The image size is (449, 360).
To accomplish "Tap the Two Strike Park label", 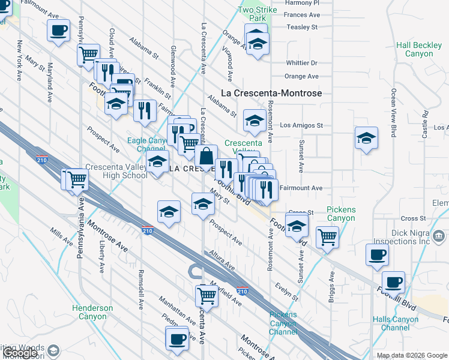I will click(x=258, y=14).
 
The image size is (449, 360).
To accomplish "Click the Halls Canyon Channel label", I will click(x=395, y=323).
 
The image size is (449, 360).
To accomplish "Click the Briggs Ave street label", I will click(x=332, y=287).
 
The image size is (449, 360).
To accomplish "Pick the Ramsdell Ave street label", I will click(x=140, y=289).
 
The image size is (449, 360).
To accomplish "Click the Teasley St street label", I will click(x=301, y=28).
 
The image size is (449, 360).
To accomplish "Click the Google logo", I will click(x=19, y=353).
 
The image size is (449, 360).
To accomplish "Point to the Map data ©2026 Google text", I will click(x=411, y=355).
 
